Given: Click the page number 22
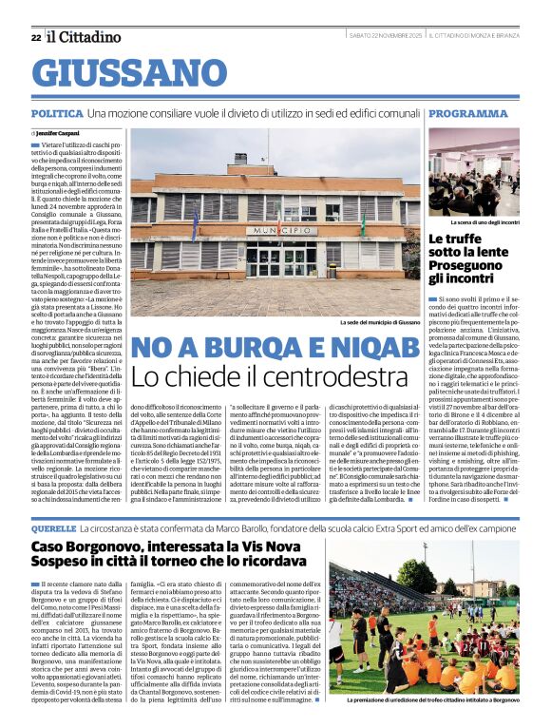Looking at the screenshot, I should [35, 37].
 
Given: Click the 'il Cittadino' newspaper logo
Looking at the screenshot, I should [85, 37].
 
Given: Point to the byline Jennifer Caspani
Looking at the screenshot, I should [61, 133].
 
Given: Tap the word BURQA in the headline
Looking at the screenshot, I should [246, 349].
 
